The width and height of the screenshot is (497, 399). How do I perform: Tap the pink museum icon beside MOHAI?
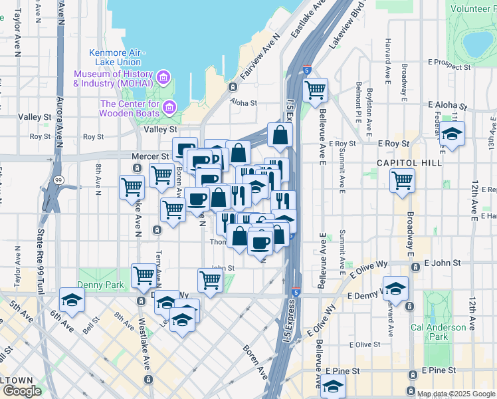(x=163, y=79)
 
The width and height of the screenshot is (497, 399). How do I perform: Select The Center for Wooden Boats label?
(x=130, y=108)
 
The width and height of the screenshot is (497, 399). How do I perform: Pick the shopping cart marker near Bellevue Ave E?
(x=315, y=89)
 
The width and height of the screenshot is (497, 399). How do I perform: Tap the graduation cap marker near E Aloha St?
(x=452, y=134)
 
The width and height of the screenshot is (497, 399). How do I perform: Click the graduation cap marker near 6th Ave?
(x=72, y=300)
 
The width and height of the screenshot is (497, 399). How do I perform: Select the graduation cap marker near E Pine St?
(x=333, y=385)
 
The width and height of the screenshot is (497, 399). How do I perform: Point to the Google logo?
(x=21, y=391)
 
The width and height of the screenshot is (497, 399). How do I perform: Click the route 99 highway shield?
(x=58, y=180)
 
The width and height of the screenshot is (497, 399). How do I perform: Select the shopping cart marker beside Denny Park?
(x=144, y=275)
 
